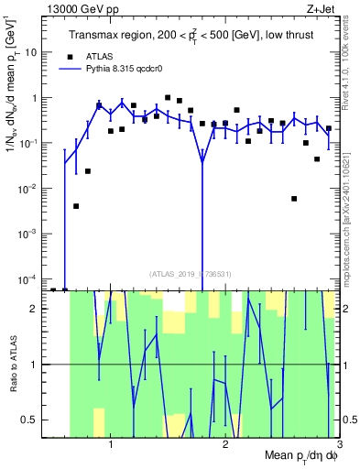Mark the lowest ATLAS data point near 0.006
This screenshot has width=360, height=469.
tap(294, 199)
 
